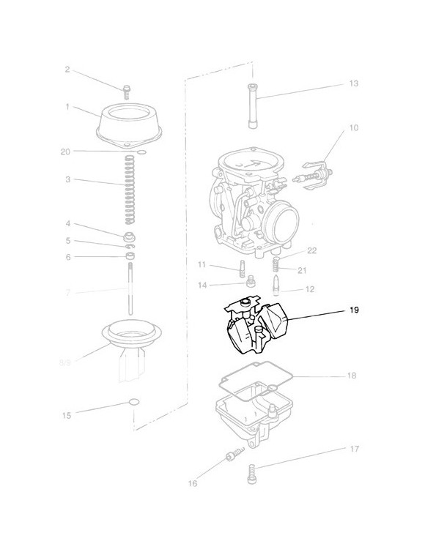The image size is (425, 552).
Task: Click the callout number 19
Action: pyautogui.click(x=353, y=311)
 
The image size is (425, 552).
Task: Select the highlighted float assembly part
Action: pyautogui.click(x=253, y=328)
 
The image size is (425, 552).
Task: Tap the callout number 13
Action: pyautogui.click(x=353, y=84)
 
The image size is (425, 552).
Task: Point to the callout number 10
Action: pyautogui.click(x=353, y=128)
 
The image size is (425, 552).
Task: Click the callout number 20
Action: pyautogui.click(x=66, y=152)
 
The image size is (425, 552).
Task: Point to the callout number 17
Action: pyautogui.click(x=353, y=448)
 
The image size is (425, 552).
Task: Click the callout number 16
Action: pyautogui.click(x=193, y=484)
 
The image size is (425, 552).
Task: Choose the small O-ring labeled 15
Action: pyautogui.click(x=133, y=402)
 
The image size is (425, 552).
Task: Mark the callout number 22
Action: pyautogui.click(x=311, y=250)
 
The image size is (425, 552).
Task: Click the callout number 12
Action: pyautogui.click(x=308, y=290)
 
